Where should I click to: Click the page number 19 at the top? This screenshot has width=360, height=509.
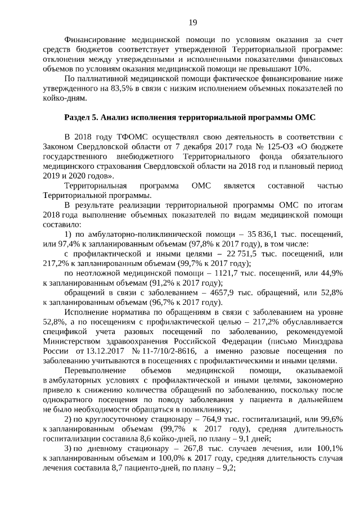(x=192, y=22)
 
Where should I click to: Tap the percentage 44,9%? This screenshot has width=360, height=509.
(x=330, y=273)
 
